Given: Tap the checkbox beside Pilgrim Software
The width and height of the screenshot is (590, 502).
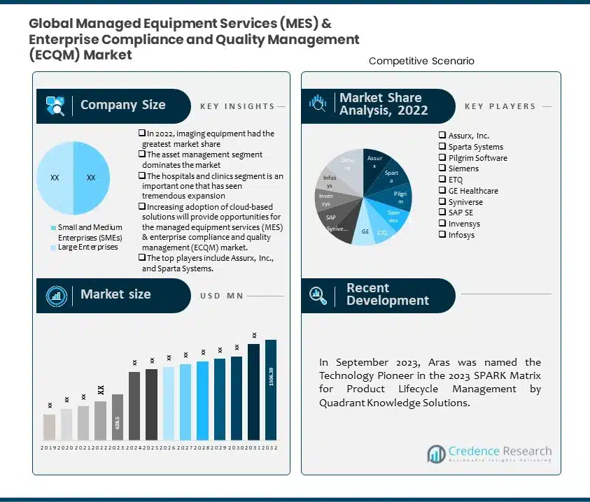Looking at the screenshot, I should pyautogui.click(x=442, y=158).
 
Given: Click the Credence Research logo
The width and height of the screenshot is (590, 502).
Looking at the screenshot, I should pyautogui.click(x=489, y=454).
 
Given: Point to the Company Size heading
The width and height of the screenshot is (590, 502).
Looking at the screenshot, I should pyautogui.click(x=122, y=106).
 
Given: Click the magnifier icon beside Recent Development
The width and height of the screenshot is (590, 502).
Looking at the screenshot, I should pyautogui.click(x=318, y=294).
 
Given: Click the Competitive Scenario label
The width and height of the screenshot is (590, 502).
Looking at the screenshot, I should pyautogui.click(x=421, y=62).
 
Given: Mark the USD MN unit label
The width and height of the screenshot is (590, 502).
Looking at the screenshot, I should pyautogui.click(x=221, y=296).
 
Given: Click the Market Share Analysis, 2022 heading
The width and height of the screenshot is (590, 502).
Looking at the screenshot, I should pyautogui.click(x=380, y=104).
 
